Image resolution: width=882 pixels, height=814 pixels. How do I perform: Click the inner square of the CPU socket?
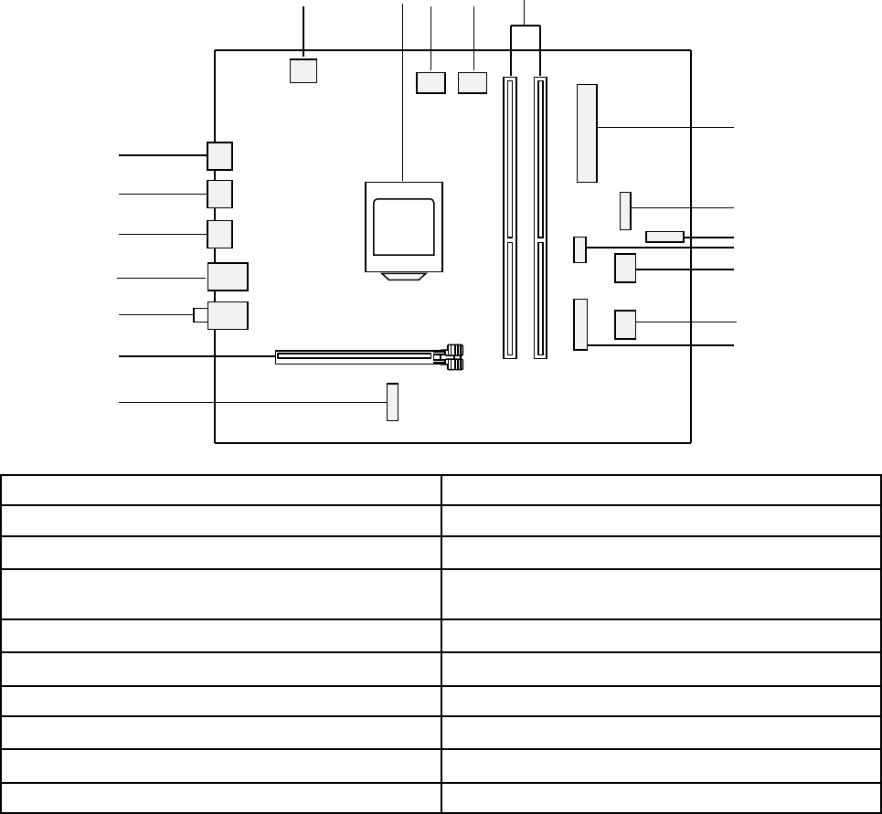403,226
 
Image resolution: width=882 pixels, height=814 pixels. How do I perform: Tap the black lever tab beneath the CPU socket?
403,277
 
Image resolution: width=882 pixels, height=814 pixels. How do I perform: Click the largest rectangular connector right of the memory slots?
587,132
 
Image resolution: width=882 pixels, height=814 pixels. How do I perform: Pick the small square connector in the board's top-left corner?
303,70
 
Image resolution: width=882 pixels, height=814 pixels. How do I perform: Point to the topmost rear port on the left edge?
219,155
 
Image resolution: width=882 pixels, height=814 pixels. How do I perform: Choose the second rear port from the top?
219,194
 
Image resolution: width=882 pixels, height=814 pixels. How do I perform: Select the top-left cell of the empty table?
220,490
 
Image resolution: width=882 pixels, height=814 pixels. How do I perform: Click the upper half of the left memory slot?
510,155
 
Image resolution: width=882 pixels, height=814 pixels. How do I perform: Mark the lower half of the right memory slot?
540,299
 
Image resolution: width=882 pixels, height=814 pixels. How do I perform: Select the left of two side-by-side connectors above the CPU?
430,83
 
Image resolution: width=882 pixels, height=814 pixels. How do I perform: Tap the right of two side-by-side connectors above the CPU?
473,83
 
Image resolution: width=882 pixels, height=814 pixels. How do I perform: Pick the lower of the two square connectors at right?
625,324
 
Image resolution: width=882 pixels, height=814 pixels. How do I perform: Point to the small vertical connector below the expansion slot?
393,402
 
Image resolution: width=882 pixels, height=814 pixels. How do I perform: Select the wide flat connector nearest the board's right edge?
665,238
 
